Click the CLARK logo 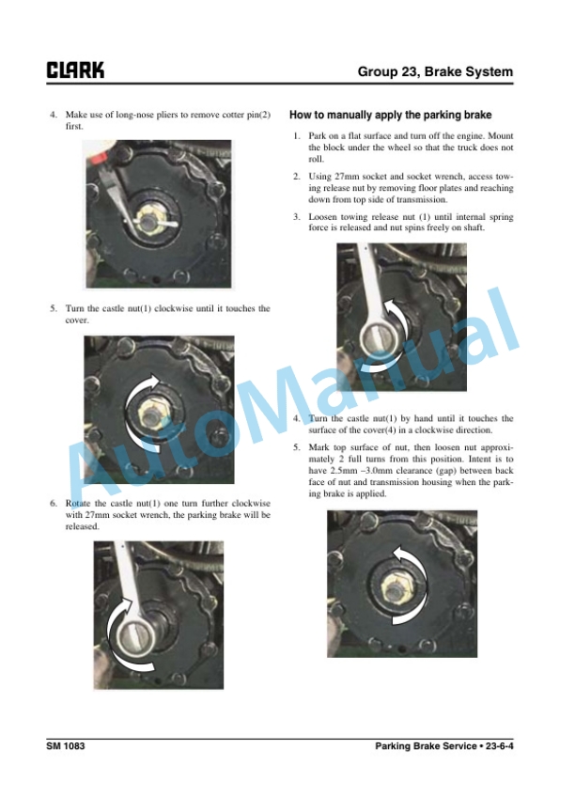point(75,70)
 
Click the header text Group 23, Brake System point(435,71)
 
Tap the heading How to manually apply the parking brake point(390,115)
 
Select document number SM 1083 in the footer point(65,745)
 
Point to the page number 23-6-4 point(500,745)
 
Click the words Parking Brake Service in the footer point(426,745)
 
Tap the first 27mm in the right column point(347,176)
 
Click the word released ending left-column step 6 point(82,526)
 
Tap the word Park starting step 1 point(317,135)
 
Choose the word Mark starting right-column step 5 point(319,447)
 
